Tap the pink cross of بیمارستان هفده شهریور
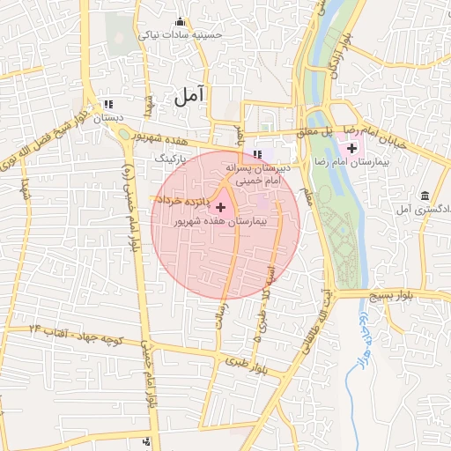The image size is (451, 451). tap(220, 207)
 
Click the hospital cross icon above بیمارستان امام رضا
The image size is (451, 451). tap(352, 147)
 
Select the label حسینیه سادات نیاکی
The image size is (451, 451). tap(181, 35)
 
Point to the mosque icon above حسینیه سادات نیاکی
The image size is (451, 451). tap(181, 22)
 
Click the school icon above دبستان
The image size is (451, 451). tap(108, 104)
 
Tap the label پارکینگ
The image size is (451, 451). tap(171, 159)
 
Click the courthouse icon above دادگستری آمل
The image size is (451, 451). tap(425, 195)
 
